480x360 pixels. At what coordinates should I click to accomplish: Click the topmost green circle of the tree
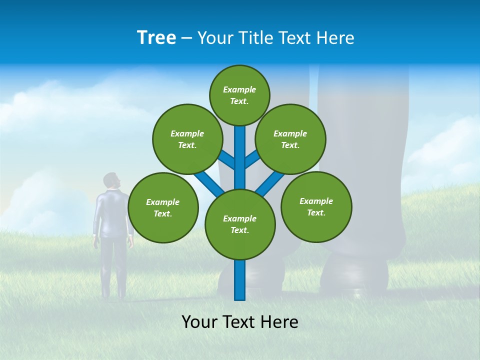tap(239, 95)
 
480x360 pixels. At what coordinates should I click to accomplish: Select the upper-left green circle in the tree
tap(187, 139)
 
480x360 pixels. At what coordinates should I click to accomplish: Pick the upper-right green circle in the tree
tap(290, 139)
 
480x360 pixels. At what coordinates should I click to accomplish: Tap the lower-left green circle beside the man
tap(163, 207)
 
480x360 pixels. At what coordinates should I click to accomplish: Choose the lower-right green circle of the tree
tap(316, 206)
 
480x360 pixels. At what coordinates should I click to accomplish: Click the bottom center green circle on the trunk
tap(240, 224)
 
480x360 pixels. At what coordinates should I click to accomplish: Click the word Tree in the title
tap(156, 37)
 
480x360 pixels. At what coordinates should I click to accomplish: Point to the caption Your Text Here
tap(239, 322)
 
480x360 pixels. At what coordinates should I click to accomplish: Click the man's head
tap(112, 181)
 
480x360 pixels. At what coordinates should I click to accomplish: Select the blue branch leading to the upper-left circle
tap(226, 159)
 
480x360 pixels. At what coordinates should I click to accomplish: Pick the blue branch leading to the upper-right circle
tap(252, 159)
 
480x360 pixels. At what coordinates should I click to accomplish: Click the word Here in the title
tap(334, 38)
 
